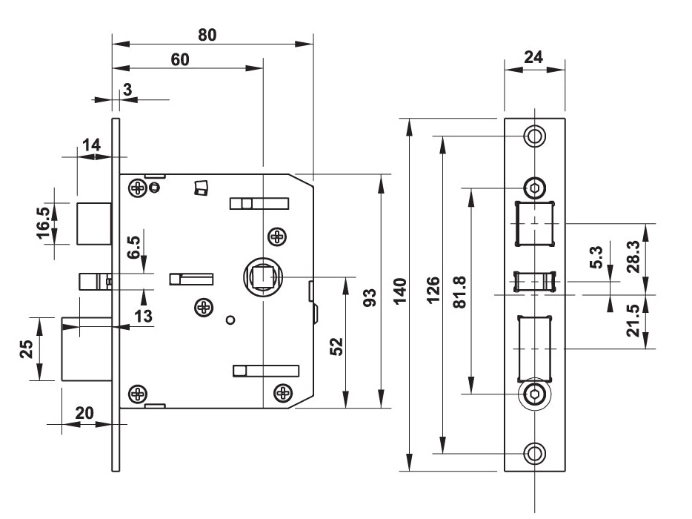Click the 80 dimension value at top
tap(207, 35)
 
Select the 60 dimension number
tap(180, 60)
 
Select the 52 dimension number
tap(336, 346)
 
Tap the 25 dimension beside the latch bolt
tap(26, 348)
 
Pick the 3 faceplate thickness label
tap(127, 90)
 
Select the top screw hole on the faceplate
tap(534, 136)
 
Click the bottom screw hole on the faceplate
tap(534, 452)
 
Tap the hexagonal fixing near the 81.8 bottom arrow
tap(534, 394)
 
